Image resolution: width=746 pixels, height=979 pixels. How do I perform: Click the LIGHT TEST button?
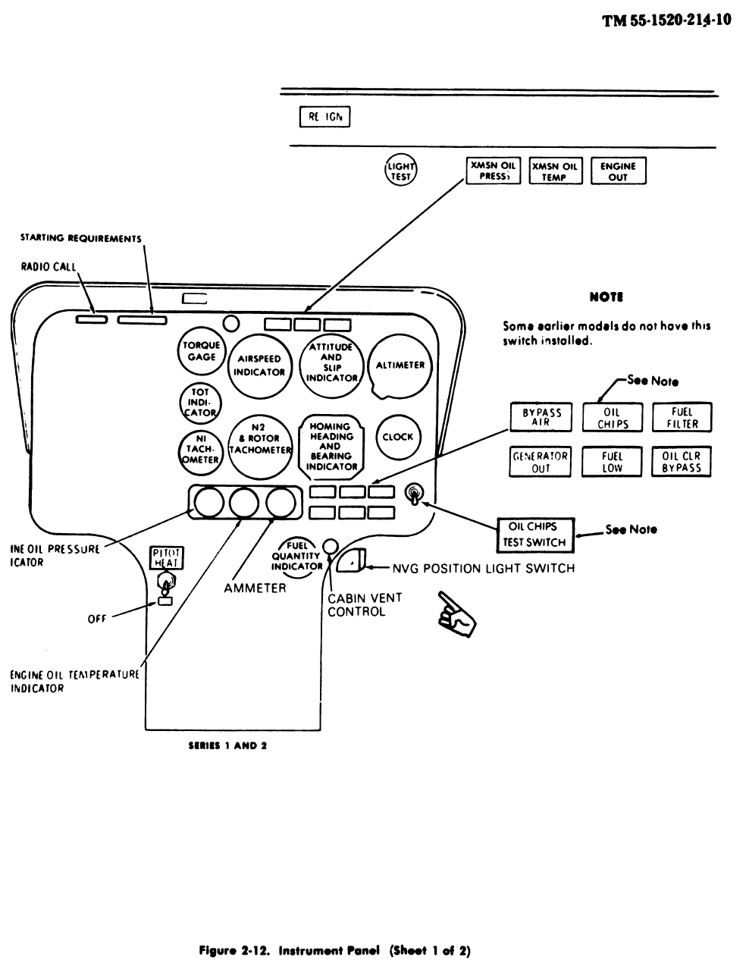click(400, 171)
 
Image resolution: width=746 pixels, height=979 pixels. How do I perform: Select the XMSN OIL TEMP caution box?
click(555, 171)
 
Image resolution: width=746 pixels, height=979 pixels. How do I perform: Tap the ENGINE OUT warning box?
click(618, 171)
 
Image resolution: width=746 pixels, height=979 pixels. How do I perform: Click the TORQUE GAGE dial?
click(202, 351)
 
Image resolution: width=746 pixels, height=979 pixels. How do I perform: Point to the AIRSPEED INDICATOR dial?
click(259, 366)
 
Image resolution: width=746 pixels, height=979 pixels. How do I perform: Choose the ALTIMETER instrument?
click(400, 365)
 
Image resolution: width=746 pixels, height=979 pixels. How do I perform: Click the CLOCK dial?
click(397, 437)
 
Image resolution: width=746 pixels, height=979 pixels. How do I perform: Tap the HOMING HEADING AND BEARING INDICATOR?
click(331, 447)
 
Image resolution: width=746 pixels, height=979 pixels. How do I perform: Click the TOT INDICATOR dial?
click(200, 402)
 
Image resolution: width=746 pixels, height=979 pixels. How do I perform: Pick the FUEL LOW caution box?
click(612, 462)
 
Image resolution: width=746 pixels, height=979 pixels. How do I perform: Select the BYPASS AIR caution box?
click(541, 418)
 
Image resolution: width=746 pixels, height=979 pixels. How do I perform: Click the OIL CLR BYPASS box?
click(682, 462)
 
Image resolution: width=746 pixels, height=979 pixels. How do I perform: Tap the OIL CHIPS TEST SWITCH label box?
click(535, 535)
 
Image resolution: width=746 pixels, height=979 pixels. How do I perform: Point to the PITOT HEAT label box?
click(165, 558)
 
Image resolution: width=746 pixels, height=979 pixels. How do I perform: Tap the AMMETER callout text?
click(255, 588)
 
